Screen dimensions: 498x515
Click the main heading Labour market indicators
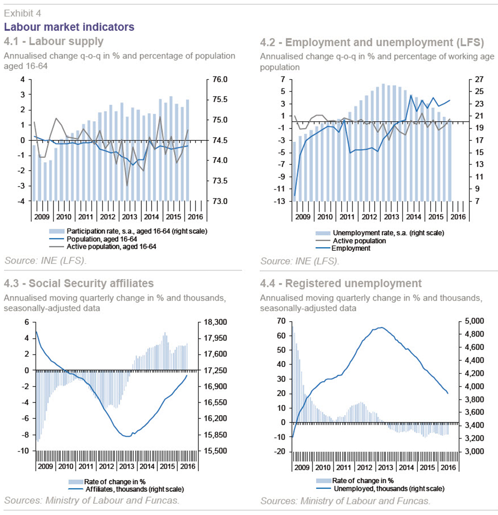tap(69, 27)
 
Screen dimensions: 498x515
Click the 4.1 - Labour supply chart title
tap(53, 42)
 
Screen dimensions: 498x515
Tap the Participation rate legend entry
tap(128, 231)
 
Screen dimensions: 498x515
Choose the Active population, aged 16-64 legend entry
tap(103, 247)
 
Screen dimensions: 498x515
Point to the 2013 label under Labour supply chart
tap(130, 217)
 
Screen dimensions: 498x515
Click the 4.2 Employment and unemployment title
tap(372, 42)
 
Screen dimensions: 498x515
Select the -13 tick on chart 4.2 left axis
tap(280, 201)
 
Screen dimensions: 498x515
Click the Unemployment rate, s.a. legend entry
tap(380, 233)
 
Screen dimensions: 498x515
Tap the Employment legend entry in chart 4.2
tap(343, 248)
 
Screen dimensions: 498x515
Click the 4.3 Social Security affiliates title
tap(79, 283)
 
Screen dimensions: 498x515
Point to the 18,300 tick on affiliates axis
tap(215, 322)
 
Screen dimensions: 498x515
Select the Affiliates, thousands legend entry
tap(126, 489)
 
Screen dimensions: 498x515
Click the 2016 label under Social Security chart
tap(188, 466)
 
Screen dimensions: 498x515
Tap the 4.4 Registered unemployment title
tap(341, 283)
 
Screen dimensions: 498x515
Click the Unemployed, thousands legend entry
tap(380, 489)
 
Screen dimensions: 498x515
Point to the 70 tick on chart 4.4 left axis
tap(281, 321)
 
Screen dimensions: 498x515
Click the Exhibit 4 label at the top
tap(22, 13)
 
